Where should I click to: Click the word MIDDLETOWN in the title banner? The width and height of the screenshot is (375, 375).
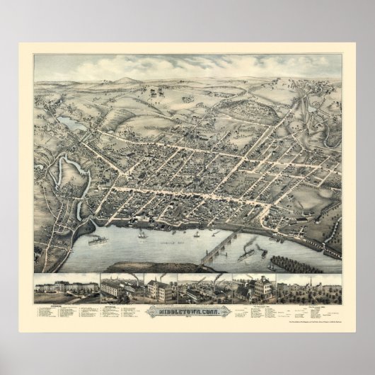coord(178,309)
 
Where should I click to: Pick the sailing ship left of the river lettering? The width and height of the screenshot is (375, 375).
coord(142,233)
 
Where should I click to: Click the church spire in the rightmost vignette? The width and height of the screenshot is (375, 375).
coord(312,284)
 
